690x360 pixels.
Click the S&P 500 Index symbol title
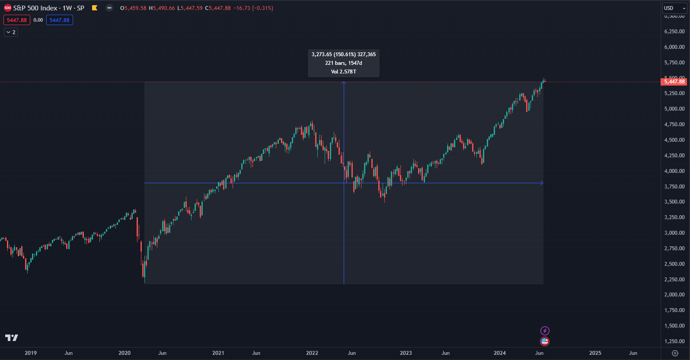(x=48, y=8)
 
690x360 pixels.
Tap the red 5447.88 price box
(x=17, y=20)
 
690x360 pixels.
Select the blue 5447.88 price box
(x=60, y=20)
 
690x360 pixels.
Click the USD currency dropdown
(x=674, y=8)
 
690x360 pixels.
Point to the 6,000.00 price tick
(x=674, y=47)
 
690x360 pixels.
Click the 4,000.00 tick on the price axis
(x=674, y=171)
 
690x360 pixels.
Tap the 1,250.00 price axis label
(x=674, y=341)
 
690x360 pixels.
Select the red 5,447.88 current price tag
(x=674, y=82)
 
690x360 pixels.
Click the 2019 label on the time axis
(x=31, y=353)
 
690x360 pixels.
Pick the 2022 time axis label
(x=312, y=353)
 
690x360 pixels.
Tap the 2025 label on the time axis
(x=595, y=353)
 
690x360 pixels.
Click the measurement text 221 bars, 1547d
(x=344, y=63)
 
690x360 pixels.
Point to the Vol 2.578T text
(x=344, y=72)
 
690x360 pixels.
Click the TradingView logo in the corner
(x=12, y=338)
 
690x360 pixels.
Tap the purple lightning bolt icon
(x=545, y=331)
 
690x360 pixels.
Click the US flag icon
(x=545, y=341)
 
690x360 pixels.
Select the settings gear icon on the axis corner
(x=675, y=353)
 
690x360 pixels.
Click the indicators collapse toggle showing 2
(x=11, y=32)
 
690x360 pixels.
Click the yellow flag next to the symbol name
(x=95, y=8)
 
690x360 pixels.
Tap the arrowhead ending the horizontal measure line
(x=542, y=183)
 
